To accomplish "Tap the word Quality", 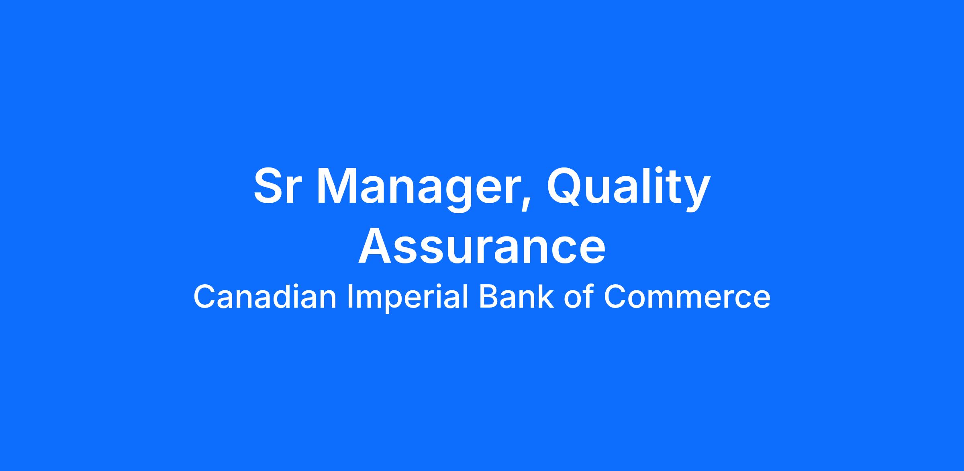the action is coord(629,189).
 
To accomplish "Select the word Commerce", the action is coord(687,297).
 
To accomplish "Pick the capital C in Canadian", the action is coord(205,297).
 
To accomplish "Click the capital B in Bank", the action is coord(489,297).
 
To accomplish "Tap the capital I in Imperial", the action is coord(349,297).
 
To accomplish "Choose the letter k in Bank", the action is coord(546,296).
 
